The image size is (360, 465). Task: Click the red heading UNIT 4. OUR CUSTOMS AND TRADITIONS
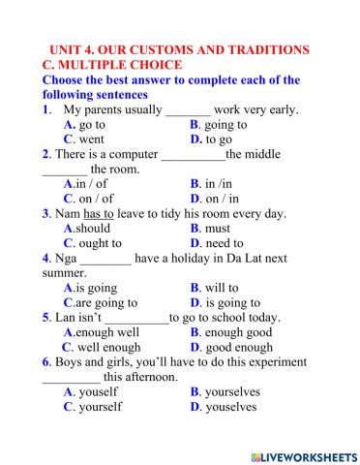click(179, 49)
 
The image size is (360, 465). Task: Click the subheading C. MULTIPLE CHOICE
click(109, 65)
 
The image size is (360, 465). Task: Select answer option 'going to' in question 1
click(225, 125)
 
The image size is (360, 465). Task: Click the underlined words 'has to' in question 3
click(126, 213)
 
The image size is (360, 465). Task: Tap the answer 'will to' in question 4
click(221, 288)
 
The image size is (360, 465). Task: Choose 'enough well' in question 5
click(106, 332)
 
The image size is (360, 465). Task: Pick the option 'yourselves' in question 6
click(232, 392)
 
